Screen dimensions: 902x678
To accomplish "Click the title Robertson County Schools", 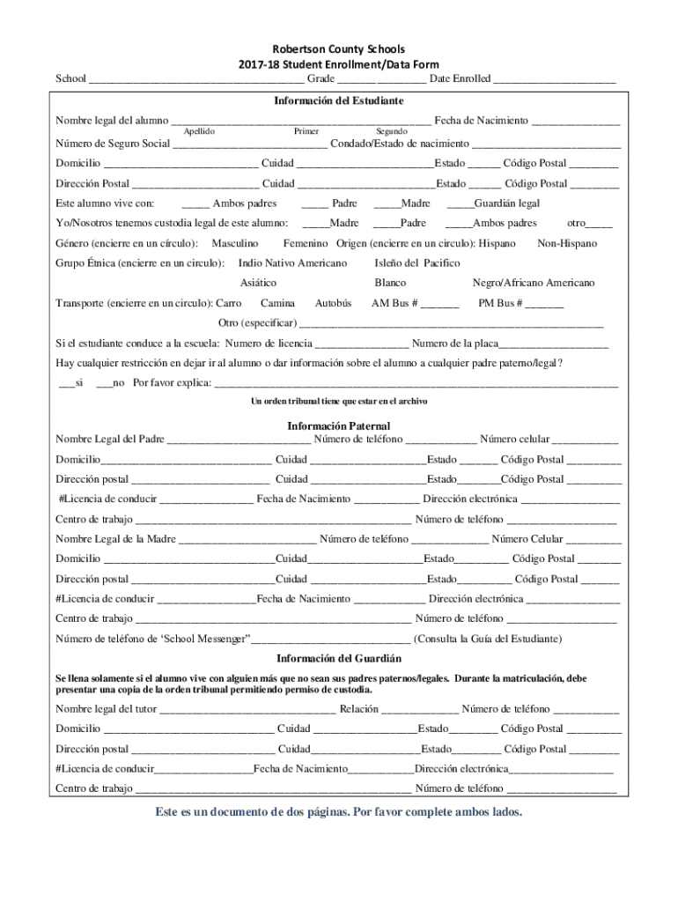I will click(x=339, y=49).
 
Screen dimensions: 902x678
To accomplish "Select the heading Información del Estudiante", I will click(x=339, y=100).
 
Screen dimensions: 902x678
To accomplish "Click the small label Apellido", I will click(x=199, y=131).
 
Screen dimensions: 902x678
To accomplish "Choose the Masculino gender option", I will click(x=235, y=243).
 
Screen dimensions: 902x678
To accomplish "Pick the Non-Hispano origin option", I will click(x=567, y=243).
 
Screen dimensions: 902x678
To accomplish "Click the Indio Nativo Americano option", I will click(x=292, y=263).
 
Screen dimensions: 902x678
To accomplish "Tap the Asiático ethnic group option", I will click(x=258, y=283).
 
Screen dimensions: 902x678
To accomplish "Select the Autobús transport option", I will click(x=333, y=303).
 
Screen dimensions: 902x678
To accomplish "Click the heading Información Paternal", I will click(x=339, y=425).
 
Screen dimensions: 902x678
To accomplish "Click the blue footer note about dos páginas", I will click(x=339, y=811).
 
